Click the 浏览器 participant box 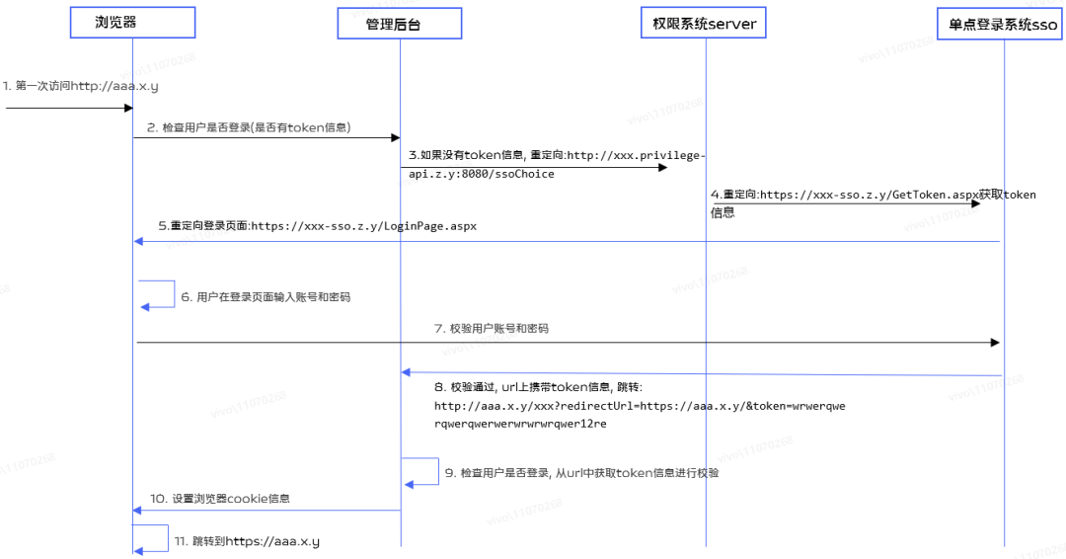point(132,22)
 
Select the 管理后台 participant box point(400,24)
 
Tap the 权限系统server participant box point(706,24)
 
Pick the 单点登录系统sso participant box point(1002,24)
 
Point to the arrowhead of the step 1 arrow point(126,108)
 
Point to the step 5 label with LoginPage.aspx point(317,225)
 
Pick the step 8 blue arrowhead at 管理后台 point(406,372)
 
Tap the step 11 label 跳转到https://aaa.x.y point(247,541)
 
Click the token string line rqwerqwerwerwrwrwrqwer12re point(520,423)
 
